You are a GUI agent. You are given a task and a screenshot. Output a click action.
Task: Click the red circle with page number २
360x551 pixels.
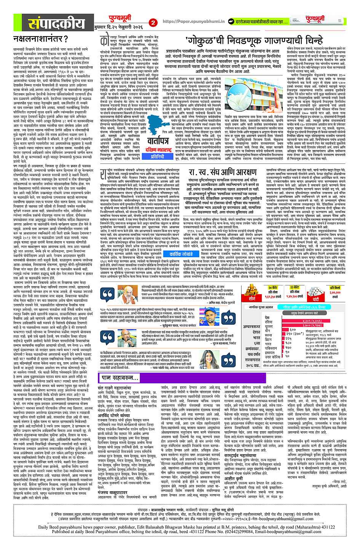[154, 22]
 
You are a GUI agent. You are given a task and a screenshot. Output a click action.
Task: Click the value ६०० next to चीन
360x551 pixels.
[293, 329]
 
